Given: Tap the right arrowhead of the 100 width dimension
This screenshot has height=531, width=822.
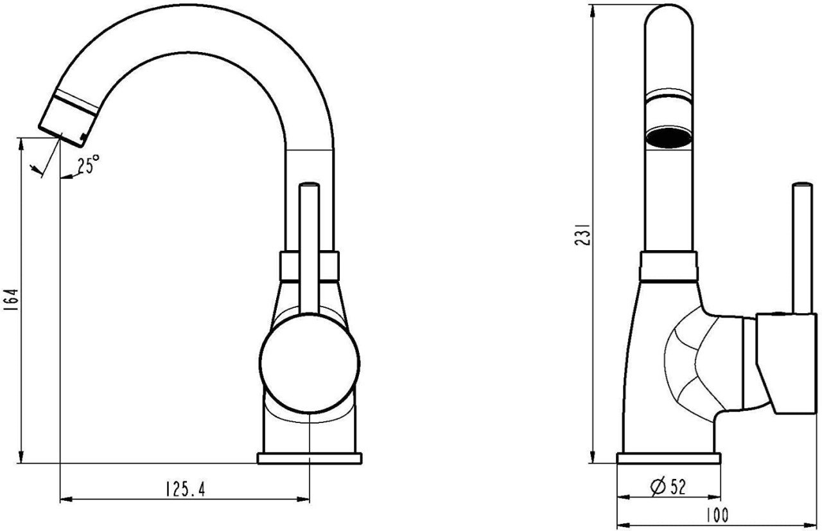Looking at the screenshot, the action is click(816, 524).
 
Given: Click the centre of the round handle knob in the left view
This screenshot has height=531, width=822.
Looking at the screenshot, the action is click(310, 363).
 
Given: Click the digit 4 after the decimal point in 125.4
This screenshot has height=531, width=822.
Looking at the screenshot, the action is click(200, 489).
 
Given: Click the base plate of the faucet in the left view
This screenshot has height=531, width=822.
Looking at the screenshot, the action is click(310, 458).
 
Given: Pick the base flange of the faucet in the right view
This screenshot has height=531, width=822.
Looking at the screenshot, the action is click(669, 458).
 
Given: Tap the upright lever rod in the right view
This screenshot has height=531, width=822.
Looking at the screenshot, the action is click(802, 248).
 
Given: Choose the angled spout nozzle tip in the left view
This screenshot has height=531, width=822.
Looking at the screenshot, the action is click(69, 119).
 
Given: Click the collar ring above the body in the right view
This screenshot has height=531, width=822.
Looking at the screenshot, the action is click(669, 266).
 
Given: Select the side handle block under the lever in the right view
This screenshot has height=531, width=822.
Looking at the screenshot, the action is click(787, 364).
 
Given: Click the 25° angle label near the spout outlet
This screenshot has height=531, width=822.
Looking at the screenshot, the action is click(89, 164).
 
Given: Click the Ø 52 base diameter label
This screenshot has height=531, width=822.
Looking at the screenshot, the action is click(668, 487).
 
